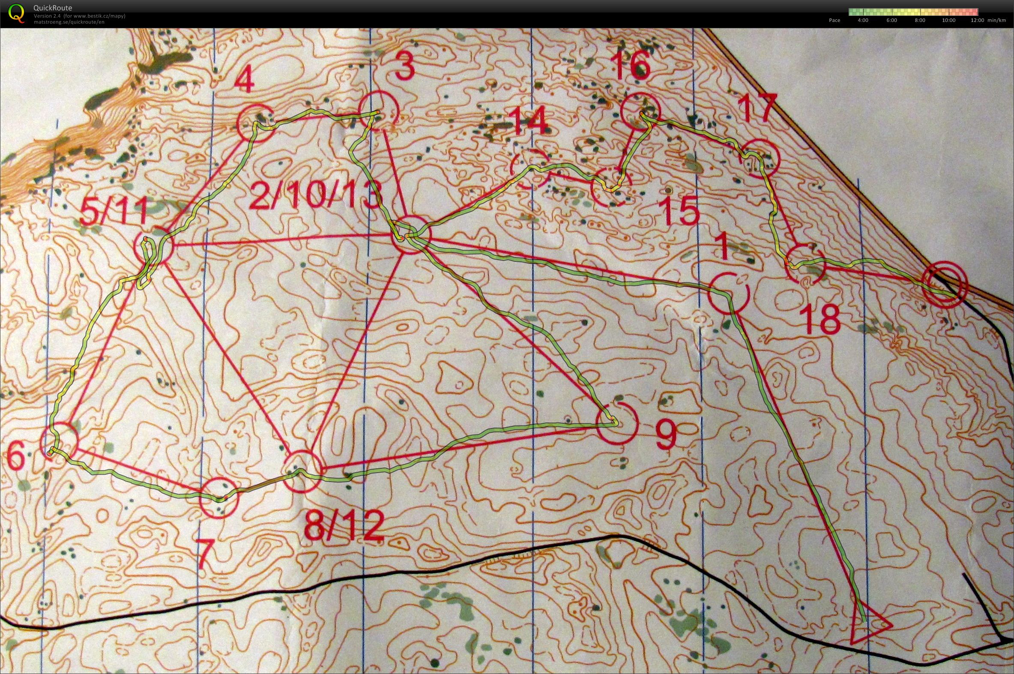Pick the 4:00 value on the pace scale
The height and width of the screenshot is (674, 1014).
coord(862,20)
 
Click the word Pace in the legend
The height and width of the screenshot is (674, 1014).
coord(835,20)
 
